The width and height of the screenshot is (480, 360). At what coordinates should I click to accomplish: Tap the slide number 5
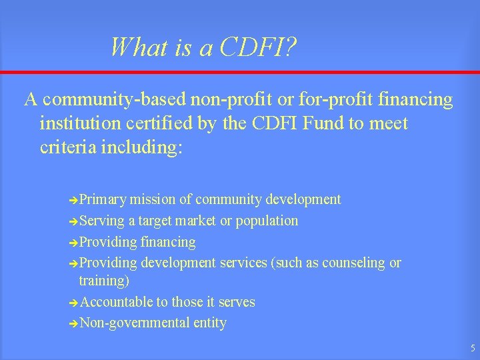click(472, 348)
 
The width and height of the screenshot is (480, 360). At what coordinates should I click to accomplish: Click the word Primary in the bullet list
click(103, 199)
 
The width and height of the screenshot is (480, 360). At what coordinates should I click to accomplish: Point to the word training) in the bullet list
click(104, 281)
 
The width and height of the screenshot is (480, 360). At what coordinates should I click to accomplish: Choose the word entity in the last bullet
click(209, 323)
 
